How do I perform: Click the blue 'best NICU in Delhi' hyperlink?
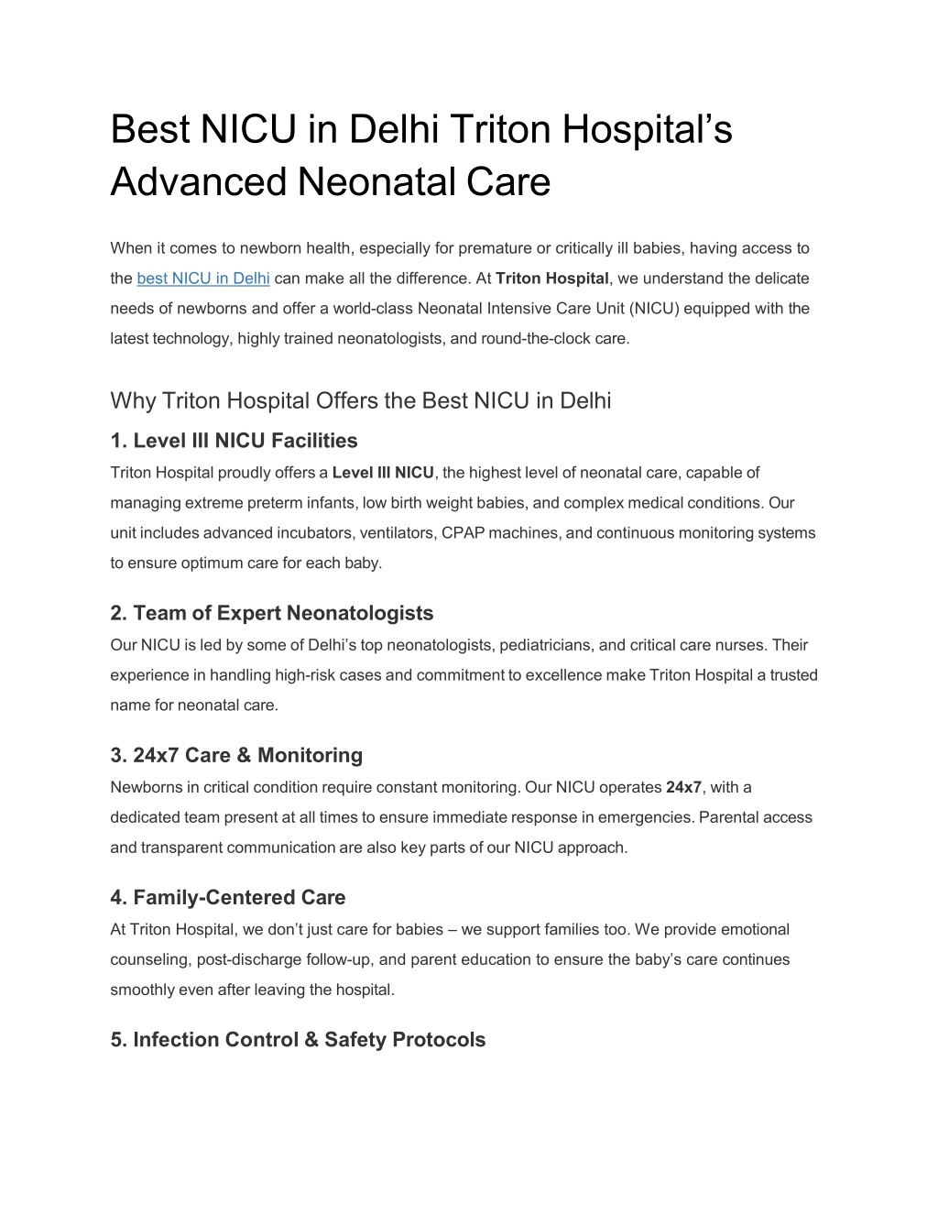coord(202,279)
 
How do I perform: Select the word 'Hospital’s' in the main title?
coord(647,128)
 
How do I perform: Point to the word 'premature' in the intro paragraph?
coord(495,248)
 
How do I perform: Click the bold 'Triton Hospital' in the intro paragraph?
coord(552,279)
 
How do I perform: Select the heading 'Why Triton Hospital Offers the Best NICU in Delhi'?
coord(360,400)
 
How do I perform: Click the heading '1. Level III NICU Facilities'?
coord(234,441)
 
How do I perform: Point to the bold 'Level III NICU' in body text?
coord(383,473)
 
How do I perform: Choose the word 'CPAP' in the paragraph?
coord(463,533)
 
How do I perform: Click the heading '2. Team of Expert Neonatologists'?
coord(271,613)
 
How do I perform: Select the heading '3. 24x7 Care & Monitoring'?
coord(236,755)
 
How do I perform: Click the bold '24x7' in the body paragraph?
coord(683,787)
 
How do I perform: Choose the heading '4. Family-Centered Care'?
coord(228,897)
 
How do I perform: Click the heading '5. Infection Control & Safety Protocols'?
coord(298,1039)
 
